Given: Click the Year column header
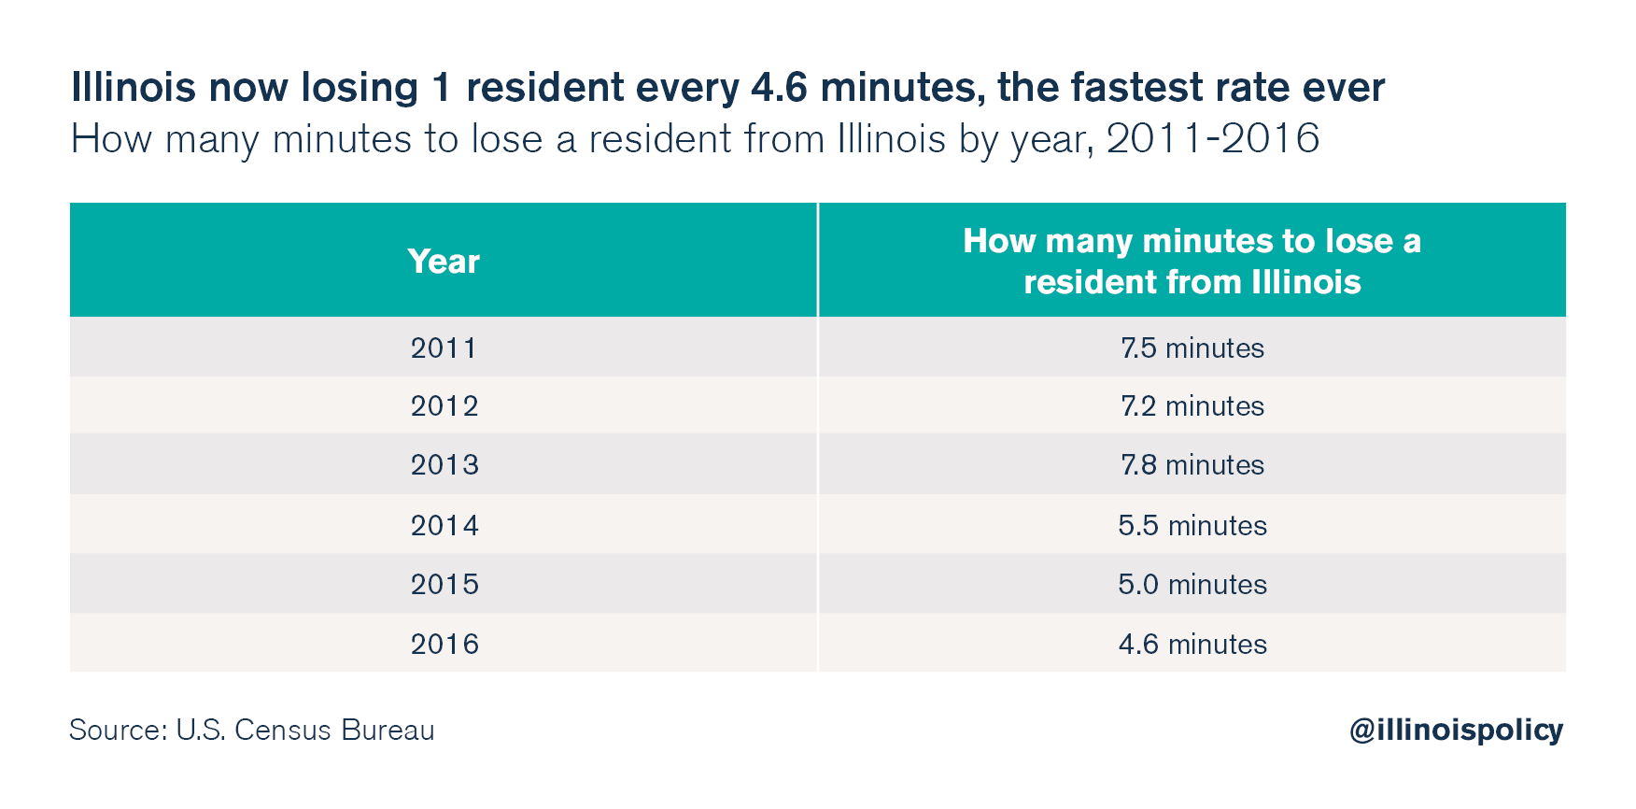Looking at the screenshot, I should (444, 262).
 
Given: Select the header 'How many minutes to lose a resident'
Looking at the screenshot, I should (1192, 262).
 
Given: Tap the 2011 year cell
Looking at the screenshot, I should (444, 348).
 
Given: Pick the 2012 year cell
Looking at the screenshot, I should (444, 406).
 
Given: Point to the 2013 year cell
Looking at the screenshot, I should (444, 465).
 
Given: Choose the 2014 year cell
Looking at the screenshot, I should (444, 526).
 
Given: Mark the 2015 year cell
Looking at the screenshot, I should (444, 585).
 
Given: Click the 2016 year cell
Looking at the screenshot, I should (444, 645).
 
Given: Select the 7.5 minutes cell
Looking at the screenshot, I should (1192, 348).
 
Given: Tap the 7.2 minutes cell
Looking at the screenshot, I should (1192, 406).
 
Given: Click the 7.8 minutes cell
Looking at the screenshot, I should (1192, 465).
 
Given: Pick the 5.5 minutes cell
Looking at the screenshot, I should (1192, 526).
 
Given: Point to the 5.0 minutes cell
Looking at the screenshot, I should (1192, 585).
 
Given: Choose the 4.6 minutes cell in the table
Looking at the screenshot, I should (1192, 645).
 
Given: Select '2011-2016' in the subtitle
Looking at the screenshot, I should (1212, 139).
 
